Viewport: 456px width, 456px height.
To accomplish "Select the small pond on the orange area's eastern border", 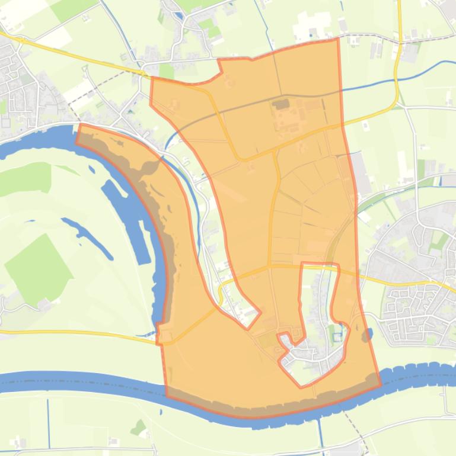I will click(366, 335).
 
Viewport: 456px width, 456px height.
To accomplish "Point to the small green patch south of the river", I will click(139, 426).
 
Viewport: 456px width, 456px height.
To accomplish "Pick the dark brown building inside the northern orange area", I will click(281, 105).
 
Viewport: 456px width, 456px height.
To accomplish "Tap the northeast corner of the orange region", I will click(337, 39).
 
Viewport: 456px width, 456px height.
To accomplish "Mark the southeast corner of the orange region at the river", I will click(380, 384).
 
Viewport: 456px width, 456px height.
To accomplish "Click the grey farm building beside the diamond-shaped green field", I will click(44, 304).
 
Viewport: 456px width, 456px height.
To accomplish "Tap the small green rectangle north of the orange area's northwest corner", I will click(167, 70).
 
